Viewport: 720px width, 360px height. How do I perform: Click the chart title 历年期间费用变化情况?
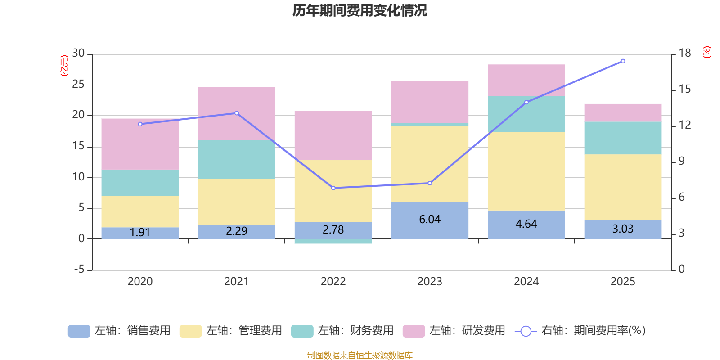pos(360,10)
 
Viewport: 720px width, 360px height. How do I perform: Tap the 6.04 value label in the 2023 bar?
pos(430,220)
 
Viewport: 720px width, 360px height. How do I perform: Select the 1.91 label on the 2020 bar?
pos(140,232)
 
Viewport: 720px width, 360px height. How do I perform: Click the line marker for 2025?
pos(623,61)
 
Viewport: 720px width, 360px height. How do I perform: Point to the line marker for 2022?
pos(333,188)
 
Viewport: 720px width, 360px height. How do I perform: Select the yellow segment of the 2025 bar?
pos(623,187)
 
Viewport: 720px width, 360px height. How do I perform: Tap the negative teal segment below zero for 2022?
pos(333,242)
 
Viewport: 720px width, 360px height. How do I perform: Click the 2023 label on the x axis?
pos(430,282)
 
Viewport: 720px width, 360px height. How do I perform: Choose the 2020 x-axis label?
pos(140,282)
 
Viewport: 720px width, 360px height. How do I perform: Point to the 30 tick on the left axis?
pos(78,54)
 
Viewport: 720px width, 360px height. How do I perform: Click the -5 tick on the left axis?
pos(78,270)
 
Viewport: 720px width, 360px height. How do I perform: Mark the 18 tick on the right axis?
pos(685,54)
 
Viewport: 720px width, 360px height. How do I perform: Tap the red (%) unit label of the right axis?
pos(706,52)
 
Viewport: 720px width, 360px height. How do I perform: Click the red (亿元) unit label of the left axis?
pos(64,66)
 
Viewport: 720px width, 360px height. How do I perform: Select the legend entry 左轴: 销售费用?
pos(120,331)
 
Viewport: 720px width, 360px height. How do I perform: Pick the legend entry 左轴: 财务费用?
pos(342,331)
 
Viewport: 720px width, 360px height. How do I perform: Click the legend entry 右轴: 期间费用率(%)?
pos(580,331)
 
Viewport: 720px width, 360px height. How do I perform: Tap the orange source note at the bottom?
pos(360,355)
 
